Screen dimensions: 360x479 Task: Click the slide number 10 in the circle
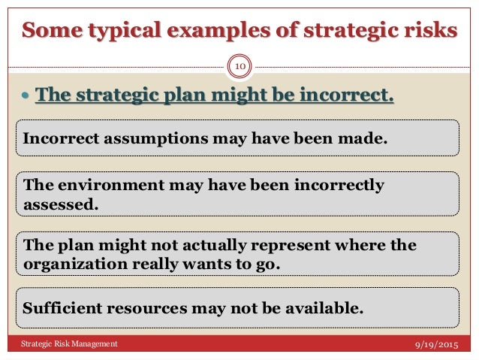[x=239, y=67]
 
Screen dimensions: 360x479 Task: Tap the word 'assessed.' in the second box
[x=61, y=202]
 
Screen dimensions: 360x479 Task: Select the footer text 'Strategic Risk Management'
[x=68, y=343]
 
